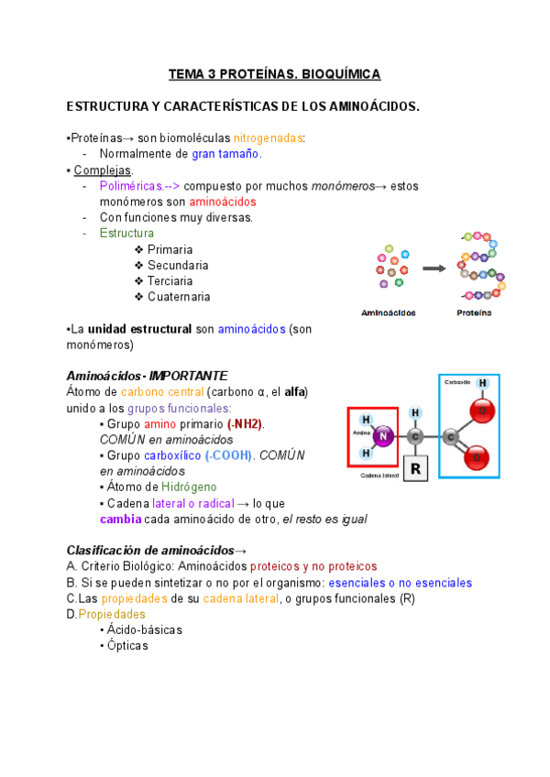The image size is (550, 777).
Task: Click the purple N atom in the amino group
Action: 384,438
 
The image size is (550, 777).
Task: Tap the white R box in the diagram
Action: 415,470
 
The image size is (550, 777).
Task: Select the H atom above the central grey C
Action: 415,413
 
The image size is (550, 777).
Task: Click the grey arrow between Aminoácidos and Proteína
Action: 434,268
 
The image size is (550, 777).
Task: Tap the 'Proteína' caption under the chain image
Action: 474,312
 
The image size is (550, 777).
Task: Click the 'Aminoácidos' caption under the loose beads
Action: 389,312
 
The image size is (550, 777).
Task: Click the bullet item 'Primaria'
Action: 170,249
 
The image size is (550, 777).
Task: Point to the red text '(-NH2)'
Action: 245,424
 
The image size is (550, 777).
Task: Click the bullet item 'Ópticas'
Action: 126,646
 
